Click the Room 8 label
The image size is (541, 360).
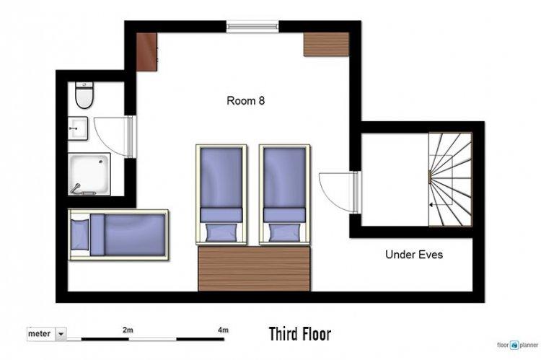(x=246, y=100)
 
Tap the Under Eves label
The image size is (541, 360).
(x=414, y=255)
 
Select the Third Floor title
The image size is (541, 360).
(x=300, y=334)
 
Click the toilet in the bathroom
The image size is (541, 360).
(x=84, y=95)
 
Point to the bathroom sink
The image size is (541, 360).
(x=78, y=128)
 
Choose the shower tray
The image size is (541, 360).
(x=89, y=174)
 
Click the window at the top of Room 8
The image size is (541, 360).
(x=252, y=27)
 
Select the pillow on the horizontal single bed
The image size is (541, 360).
(x=79, y=234)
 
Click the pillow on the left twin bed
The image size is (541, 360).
(x=221, y=232)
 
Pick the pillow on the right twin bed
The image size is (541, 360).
(x=285, y=232)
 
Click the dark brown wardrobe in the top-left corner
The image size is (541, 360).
(x=146, y=52)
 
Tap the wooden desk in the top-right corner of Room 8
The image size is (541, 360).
(x=326, y=44)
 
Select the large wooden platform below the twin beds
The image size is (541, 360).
(x=255, y=268)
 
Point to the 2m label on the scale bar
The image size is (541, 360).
(x=128, y=330)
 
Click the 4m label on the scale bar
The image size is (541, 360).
(x=223, y=330)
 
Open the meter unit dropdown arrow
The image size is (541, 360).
(x=61, y=334)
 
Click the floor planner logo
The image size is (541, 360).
(x=517, y=345)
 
